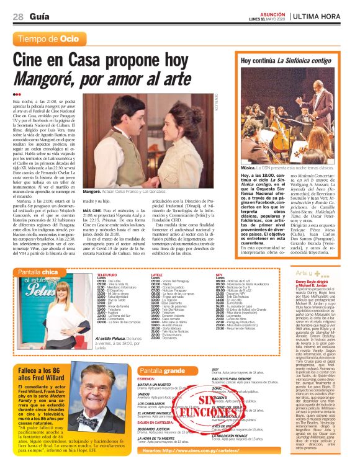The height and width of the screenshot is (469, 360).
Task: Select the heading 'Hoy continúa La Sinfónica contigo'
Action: click(286, 61)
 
